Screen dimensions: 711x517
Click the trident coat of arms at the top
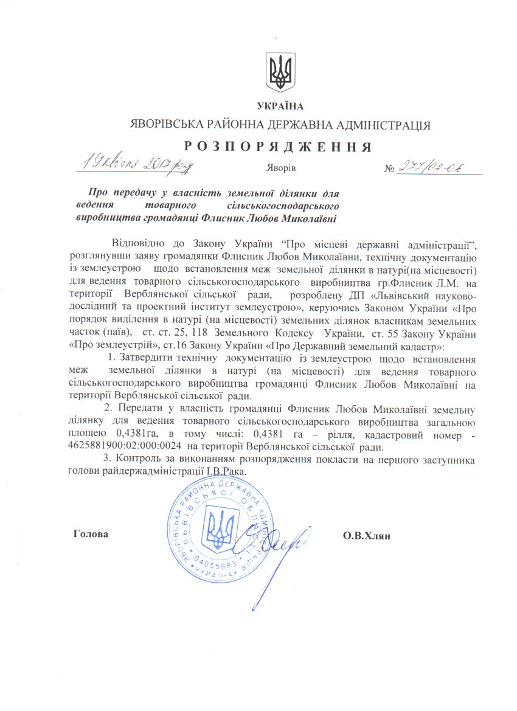(280, 72)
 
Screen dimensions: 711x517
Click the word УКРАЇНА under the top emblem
(280, 106)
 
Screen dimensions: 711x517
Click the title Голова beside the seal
(91, 534)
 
